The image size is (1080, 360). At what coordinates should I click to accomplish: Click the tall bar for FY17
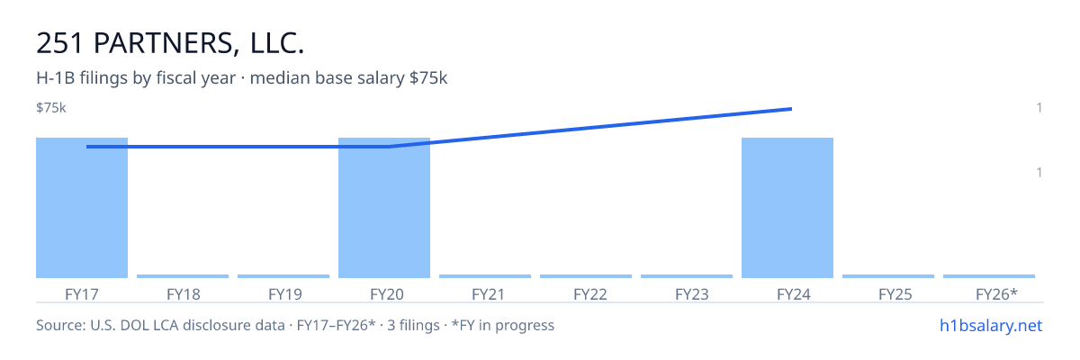click(82, 208)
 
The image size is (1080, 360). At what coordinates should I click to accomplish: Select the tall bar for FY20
click(384, 208)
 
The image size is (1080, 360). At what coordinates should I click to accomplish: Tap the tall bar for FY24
click(787, 208)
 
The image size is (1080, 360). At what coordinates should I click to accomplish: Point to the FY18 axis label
click(184, 294)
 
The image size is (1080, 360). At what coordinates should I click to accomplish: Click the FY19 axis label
click(285, 294)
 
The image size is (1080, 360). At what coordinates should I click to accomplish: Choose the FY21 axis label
click(488, 294)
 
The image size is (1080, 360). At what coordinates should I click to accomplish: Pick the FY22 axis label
click(590, 294)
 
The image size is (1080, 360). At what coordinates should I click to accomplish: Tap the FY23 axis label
click(692, 294)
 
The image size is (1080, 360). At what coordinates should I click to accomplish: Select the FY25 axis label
click(895, 294)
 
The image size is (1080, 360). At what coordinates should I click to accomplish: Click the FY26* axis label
click(996, 294)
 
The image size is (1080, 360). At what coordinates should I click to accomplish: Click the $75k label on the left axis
click(51, 108)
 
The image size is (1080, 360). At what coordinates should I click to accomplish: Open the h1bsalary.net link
click(991, 326)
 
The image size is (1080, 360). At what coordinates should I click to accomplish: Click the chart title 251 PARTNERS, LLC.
click(170, 43)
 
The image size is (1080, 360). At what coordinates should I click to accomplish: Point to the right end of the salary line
click(792, 109)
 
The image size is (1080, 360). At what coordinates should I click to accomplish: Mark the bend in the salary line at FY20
click(389, 147)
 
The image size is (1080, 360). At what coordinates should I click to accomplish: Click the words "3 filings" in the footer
click(413, 326)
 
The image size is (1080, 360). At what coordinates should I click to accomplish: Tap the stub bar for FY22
click(586, 276)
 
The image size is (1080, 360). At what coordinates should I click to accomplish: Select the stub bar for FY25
click(888, 276)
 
